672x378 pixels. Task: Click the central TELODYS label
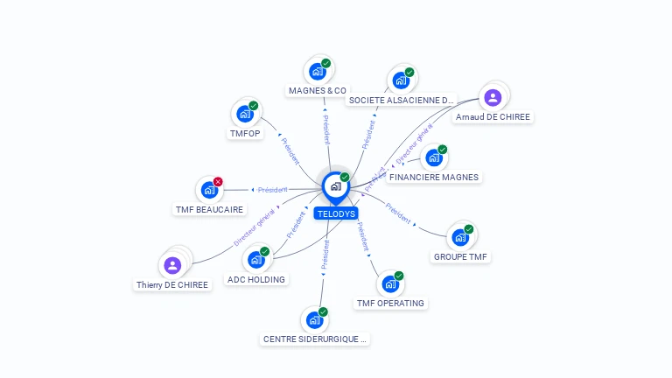[x=336, y=213]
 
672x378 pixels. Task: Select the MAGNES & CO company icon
[x=316, y=72]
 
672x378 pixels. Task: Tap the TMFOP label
[x=245, y=134]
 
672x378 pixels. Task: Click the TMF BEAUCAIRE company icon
[x=209, y=190]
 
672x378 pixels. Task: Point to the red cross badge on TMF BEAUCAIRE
[x=218, y=182]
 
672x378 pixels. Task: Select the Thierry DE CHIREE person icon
[x=172, y=265]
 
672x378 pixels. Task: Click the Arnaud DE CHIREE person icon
[x=492, y=97]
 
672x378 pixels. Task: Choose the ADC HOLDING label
[x=255, y=280]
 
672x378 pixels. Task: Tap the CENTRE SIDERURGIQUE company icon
[x=314, y=320]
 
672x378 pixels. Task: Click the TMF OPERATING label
[x=390, y=304]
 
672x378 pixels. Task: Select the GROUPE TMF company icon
[x=460, y=237]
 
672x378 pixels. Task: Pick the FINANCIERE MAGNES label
[x=434, y=177]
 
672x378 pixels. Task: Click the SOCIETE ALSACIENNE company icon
[x=401, y=80]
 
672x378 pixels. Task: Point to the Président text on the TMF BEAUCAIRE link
[x=272, y=189]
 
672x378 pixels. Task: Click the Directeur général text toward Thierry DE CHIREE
[x=254, y=227]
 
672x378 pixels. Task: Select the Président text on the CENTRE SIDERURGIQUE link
[x=325, y=251]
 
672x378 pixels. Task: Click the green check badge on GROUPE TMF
[x=469, y=229]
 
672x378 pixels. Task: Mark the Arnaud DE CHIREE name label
[x=493, y=116]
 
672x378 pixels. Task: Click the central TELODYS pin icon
[x=335, y=186]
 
